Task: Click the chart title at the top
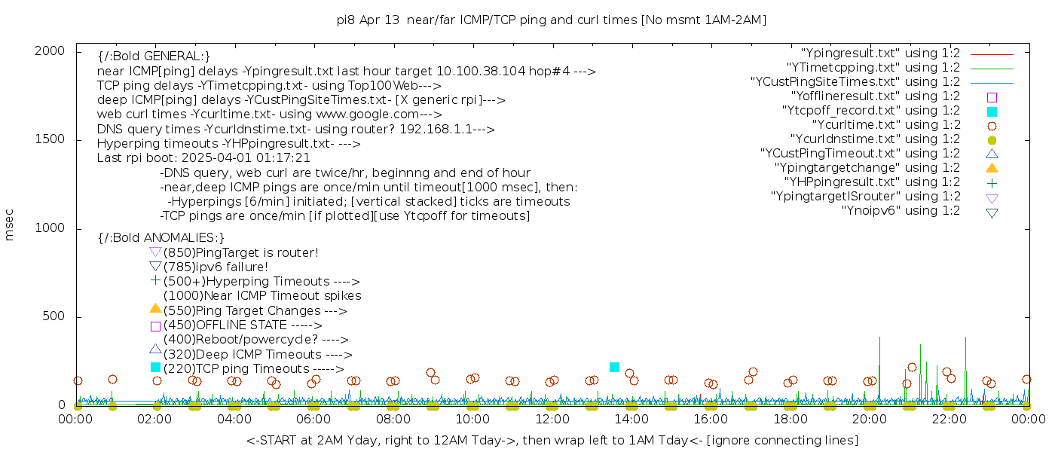click(551, 20)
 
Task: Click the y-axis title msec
click(10, 228)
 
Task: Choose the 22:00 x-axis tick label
click(948, 419)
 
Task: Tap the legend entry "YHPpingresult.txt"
click(872, 182)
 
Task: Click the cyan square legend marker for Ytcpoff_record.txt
click(992, 111)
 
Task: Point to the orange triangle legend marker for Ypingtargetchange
click(992, 168)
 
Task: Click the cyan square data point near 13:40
click(614, 367)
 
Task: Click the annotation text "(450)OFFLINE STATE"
click(225, 325)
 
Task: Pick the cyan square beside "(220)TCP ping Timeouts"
click(155, 367)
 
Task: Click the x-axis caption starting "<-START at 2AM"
click(552, 440)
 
